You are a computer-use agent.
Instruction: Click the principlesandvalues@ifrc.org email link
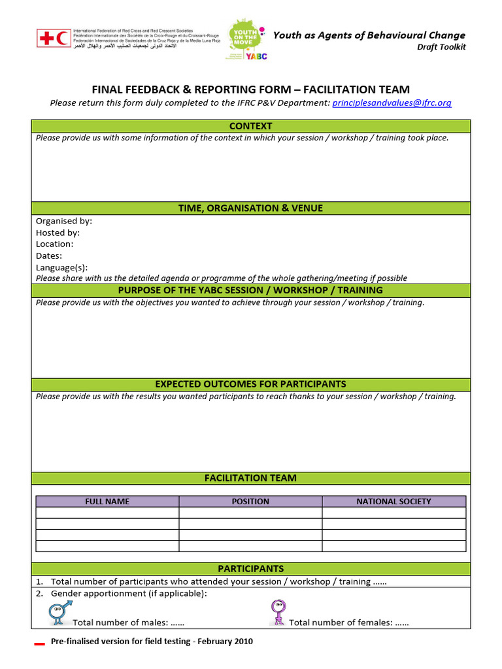[x=392, y=103]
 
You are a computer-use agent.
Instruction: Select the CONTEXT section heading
[x=251, y=126]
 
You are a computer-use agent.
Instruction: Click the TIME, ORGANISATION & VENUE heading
[x=251, y=208]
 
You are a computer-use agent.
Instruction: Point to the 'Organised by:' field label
[x=64, y=221]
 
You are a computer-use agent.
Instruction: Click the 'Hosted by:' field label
[x=58, y=233]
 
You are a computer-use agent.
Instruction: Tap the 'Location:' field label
[x=54, y=244]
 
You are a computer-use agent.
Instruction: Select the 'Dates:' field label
[x=49, y=255]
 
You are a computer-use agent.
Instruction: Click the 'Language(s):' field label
[x=61, y=267]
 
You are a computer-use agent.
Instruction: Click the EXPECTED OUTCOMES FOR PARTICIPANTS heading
[x=251, y=384]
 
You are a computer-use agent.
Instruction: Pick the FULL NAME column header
[x=107, y=501]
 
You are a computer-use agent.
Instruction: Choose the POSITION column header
[x=250, y=501]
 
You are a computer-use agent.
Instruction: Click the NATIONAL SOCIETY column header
[x=393, y=501]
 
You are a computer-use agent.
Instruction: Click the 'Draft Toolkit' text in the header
[x=441, y=47]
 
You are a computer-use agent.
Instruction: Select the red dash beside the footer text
[x=39, y=644]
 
